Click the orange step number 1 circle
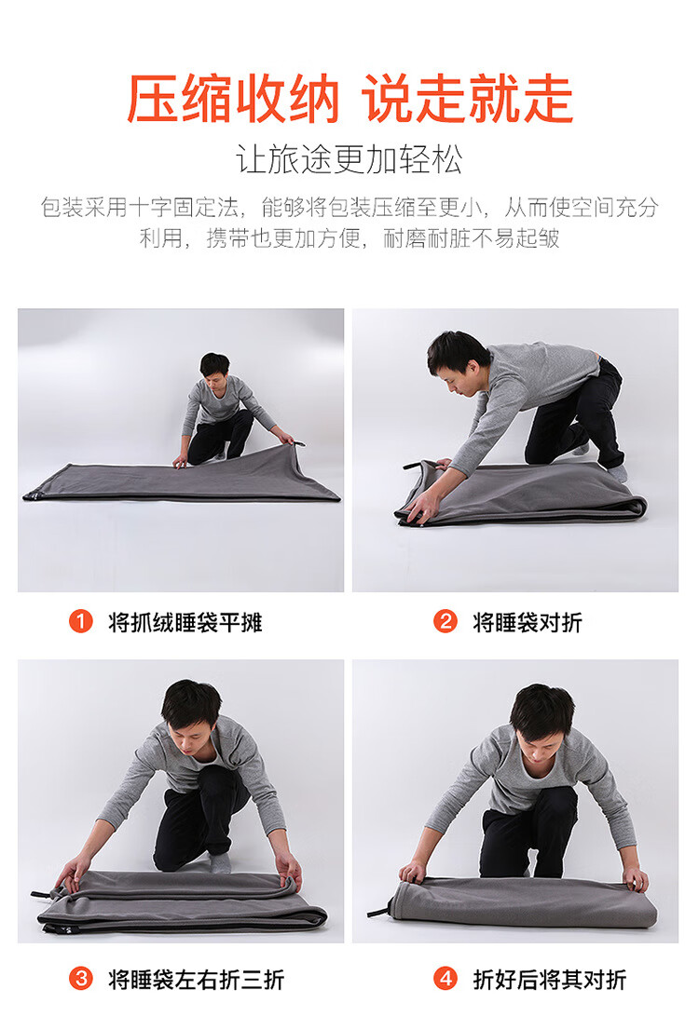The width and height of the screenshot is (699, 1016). point(81,622)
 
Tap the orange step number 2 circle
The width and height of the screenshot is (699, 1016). point(445,622)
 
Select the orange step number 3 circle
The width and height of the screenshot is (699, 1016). point(81,979)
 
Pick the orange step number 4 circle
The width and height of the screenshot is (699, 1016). point(445,979)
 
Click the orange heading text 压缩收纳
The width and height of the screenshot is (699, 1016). point(233,99)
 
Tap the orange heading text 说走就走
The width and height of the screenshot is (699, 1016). point(468,99)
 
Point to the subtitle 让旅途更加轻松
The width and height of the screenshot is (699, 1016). point(349,159)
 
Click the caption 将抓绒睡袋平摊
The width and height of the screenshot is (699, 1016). point(185,623)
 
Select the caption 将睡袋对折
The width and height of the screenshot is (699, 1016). point(528,623)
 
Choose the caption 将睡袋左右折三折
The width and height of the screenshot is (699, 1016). point(197,979)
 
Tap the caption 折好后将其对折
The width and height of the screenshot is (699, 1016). point(550,979)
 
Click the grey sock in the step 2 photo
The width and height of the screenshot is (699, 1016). point(618,472)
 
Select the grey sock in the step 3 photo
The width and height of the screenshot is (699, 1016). point(220,862)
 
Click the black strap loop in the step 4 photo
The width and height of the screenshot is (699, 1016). point(379,908)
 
